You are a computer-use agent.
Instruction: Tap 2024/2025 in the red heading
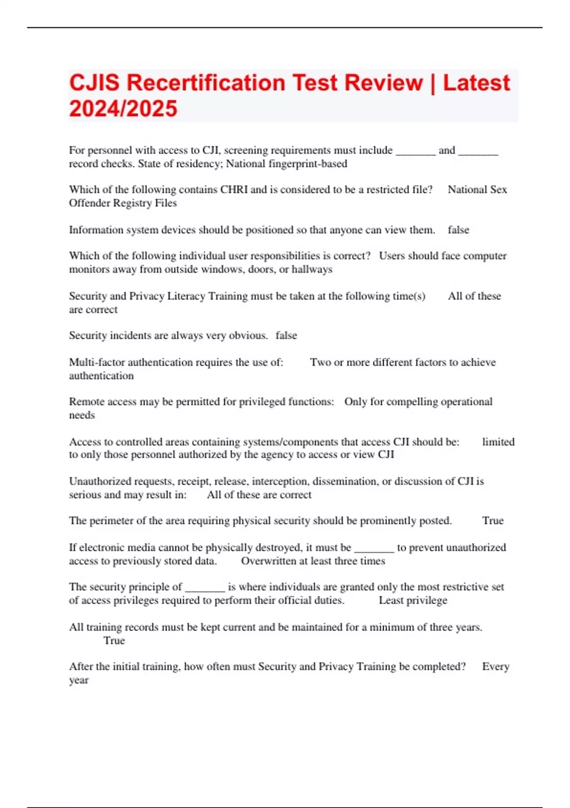click(123, 108)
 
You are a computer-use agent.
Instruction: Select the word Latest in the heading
click(476, 83)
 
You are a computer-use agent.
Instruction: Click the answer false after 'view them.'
click(458, 230)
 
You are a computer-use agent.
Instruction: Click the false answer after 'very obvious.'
click(286, 336)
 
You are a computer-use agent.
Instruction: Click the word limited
click(498, 442)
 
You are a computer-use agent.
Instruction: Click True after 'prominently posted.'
click(493, 521)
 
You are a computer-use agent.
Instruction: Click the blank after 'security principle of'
click(205, 587)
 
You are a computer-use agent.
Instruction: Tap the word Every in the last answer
click(495, 667)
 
